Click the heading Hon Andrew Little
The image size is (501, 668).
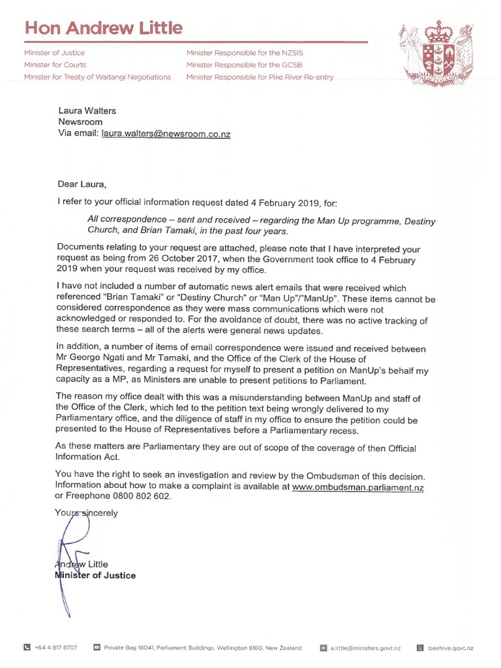pyautogui.click(x=104, y=28)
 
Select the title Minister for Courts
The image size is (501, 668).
pyautogui.click(x=55, y=65)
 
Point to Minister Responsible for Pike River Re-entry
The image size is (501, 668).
pyautogui.click(x=260, y=77)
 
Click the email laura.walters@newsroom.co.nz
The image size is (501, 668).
pyautogui.click(x=166, y=133)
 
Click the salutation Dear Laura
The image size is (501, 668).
pyautogui.click(x=81, y=184)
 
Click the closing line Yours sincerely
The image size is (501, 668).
pyautogui.click(x=87, y=513)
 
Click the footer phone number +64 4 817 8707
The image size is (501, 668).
pyautogui.click(x=55, y=648)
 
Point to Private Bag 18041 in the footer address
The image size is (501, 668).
pyautogui.click(x=130, y=648)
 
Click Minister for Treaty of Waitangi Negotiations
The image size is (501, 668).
pyautogui.click(x=97, y=77)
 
